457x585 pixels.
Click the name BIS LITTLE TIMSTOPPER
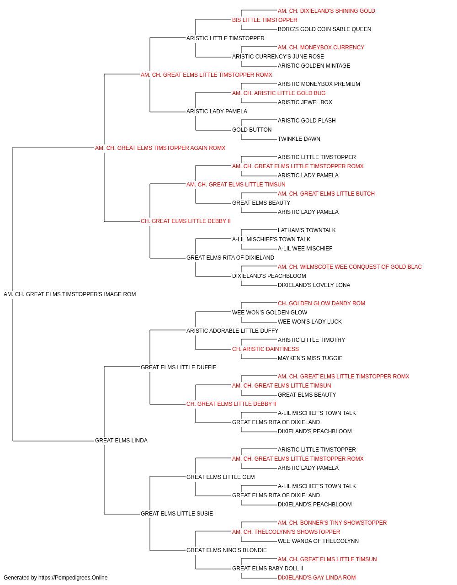pyautogui.click(x=265, y=20)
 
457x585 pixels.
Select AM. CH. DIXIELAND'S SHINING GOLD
pyautogui.click(x=326, y=11)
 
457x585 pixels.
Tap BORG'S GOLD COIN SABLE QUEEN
pyautogui.click(x=324, y=29)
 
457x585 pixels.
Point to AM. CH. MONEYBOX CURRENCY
pyautogui.click(x=321, y=48)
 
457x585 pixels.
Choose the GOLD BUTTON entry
pyautogui.click(x=252, y=130)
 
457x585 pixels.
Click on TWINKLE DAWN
pyautogui.click(x=299, y=139)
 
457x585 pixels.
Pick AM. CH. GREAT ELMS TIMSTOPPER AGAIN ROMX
pyautogui.click(x=160, y=148)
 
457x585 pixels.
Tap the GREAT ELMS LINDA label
pyautogui.click(x=121, y=441)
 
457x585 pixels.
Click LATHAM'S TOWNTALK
pyautogui.click(x=307, y=230)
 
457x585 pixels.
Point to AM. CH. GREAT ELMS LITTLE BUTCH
pyautogui.click(x=326, y=194)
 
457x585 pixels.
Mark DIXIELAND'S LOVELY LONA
pyautogui.click(x=314, y=285)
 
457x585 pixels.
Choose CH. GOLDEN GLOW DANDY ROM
pyautogui.click(x=321, y=303)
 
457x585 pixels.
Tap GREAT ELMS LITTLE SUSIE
pyautogui.click(x=177, y=513)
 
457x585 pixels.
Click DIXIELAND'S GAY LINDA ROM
pyautogui.click(x=317, y=578)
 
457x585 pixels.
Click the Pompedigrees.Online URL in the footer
pyautogui.click(x=73, y=578)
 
